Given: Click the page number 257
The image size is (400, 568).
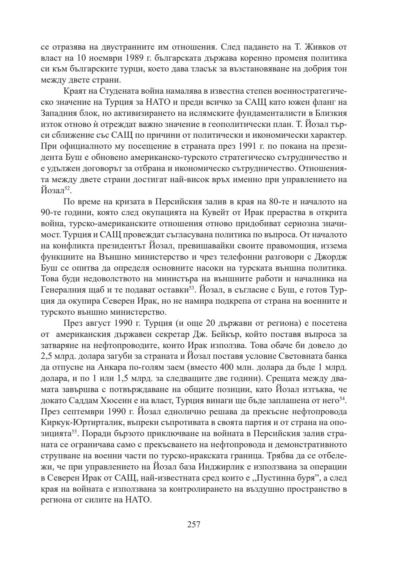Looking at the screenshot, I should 194,524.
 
